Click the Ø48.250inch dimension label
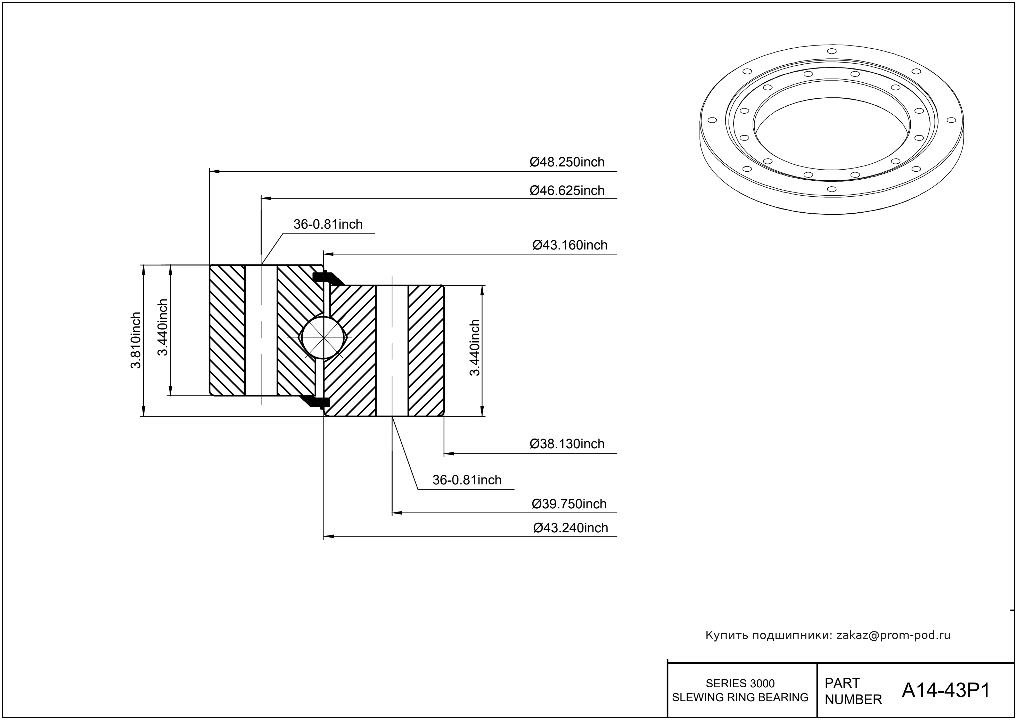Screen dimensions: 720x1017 (x=567, y=162)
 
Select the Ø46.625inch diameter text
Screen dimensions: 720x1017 (x=567, y=191)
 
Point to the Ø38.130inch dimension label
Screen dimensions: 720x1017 (x=567, y=444)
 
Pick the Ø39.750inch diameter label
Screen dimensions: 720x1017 (x=569, y=504)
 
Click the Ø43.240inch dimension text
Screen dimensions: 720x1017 (x=570, y=528)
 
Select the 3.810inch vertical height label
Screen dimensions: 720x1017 (x=136, y=341)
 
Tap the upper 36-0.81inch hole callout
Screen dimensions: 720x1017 (x=328, y=224)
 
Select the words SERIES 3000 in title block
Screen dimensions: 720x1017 (x=740, y=683)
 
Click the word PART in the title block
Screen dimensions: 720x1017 (x=842, y=683)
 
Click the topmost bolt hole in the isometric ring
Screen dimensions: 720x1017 (x=832, y=51)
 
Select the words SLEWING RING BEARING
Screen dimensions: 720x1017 (x=740, y=697)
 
